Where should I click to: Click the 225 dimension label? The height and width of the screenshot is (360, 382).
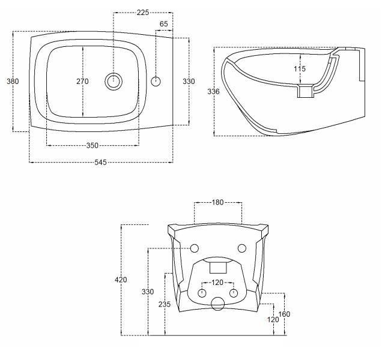click(143, 13)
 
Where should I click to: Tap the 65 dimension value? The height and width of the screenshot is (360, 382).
click(164, 24)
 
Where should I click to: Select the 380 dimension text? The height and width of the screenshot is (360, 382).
click(13, 81)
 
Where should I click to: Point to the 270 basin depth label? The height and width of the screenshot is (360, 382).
click(83, 81)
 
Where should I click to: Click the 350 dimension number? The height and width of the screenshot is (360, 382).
click(92, 146)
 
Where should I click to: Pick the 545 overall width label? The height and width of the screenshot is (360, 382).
click(101, 162)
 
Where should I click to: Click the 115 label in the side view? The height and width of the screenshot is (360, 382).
click(300, 69)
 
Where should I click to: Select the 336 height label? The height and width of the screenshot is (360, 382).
click(214, 92)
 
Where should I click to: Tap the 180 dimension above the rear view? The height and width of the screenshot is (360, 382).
click(217, 202)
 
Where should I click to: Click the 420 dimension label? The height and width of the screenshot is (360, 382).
click(121, 280)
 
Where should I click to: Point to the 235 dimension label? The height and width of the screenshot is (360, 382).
click(165, 304)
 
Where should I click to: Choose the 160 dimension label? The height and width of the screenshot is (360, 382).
click(284, 314)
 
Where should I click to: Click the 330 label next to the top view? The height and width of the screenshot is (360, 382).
click(189, 81)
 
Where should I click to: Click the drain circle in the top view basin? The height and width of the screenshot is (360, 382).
click(114, 81)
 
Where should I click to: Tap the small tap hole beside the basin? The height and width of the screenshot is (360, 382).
click(156, 81)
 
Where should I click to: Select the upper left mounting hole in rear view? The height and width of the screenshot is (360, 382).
click(194, 248)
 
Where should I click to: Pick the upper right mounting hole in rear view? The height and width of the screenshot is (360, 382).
click(242, 248)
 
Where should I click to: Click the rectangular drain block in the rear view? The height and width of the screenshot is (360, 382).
click(218, 268)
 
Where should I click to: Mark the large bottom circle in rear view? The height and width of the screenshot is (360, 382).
click(217, 304)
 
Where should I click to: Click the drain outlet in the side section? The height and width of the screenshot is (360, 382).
click(306, 91)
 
